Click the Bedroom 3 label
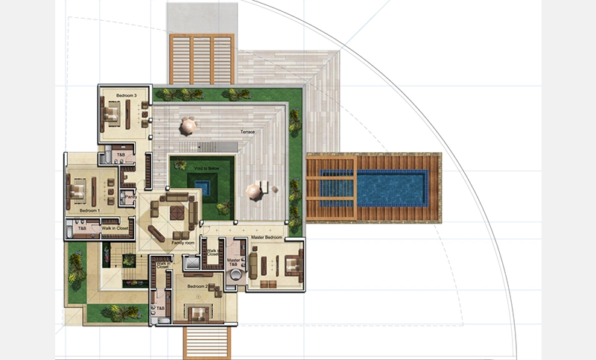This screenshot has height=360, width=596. tap(126, 95)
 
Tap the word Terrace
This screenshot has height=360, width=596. tap(247, 132)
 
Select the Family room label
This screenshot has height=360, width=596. tap(183, 243)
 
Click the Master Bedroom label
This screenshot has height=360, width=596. tap(266, 237)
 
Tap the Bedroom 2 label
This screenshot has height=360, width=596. tap(197, 286)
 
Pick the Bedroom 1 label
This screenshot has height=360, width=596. tap(90, 211)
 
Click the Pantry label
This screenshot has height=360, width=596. tap(130, 198)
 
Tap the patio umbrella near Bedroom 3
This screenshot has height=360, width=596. tap(188, 126)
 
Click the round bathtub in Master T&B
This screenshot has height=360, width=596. tap(236, 275)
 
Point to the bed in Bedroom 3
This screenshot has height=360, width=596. tap(111, 113)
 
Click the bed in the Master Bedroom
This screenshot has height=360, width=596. tap(291, 263)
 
